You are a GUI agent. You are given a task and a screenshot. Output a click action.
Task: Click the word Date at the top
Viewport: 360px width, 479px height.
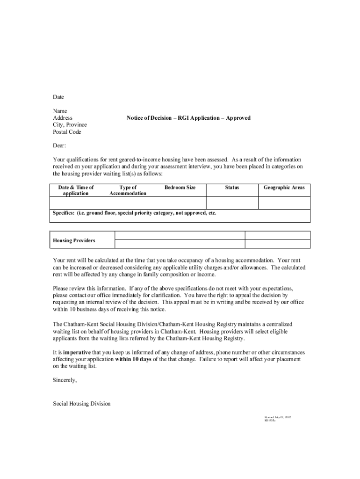(58, 97)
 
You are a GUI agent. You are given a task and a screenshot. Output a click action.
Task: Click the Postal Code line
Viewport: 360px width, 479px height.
(67, 132)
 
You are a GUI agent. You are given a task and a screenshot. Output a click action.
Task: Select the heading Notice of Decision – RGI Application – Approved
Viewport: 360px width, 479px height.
(188, 118)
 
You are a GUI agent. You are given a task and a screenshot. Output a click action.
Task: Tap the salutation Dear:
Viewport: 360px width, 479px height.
(59, 145)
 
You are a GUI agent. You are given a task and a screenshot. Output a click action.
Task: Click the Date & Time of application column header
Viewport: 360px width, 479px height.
(76, 190)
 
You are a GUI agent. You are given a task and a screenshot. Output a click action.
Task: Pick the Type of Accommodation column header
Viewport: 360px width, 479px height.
(128, 190)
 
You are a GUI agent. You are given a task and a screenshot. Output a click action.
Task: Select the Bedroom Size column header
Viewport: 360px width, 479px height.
(180, 188)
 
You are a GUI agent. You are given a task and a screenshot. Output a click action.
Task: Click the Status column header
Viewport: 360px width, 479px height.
(232, 188)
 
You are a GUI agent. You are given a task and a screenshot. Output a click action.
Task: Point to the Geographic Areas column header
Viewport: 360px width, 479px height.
(284, 188)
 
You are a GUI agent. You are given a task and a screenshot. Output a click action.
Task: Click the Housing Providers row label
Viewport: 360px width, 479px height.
(74, 240)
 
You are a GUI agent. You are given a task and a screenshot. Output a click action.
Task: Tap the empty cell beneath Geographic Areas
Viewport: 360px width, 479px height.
(284, 203)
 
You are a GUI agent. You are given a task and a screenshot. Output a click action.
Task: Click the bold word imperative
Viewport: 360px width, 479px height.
(77, 352)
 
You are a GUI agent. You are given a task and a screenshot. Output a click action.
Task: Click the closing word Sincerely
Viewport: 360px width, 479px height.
(65, 380)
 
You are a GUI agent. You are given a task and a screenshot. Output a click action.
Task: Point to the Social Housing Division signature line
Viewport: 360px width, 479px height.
(81, 403)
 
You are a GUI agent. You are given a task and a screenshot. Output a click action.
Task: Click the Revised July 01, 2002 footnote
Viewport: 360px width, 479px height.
(278, 416)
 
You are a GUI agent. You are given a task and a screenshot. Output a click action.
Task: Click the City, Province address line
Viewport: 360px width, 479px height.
(70, 125)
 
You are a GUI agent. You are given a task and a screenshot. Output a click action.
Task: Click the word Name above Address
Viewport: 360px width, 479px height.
(60, 111)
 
